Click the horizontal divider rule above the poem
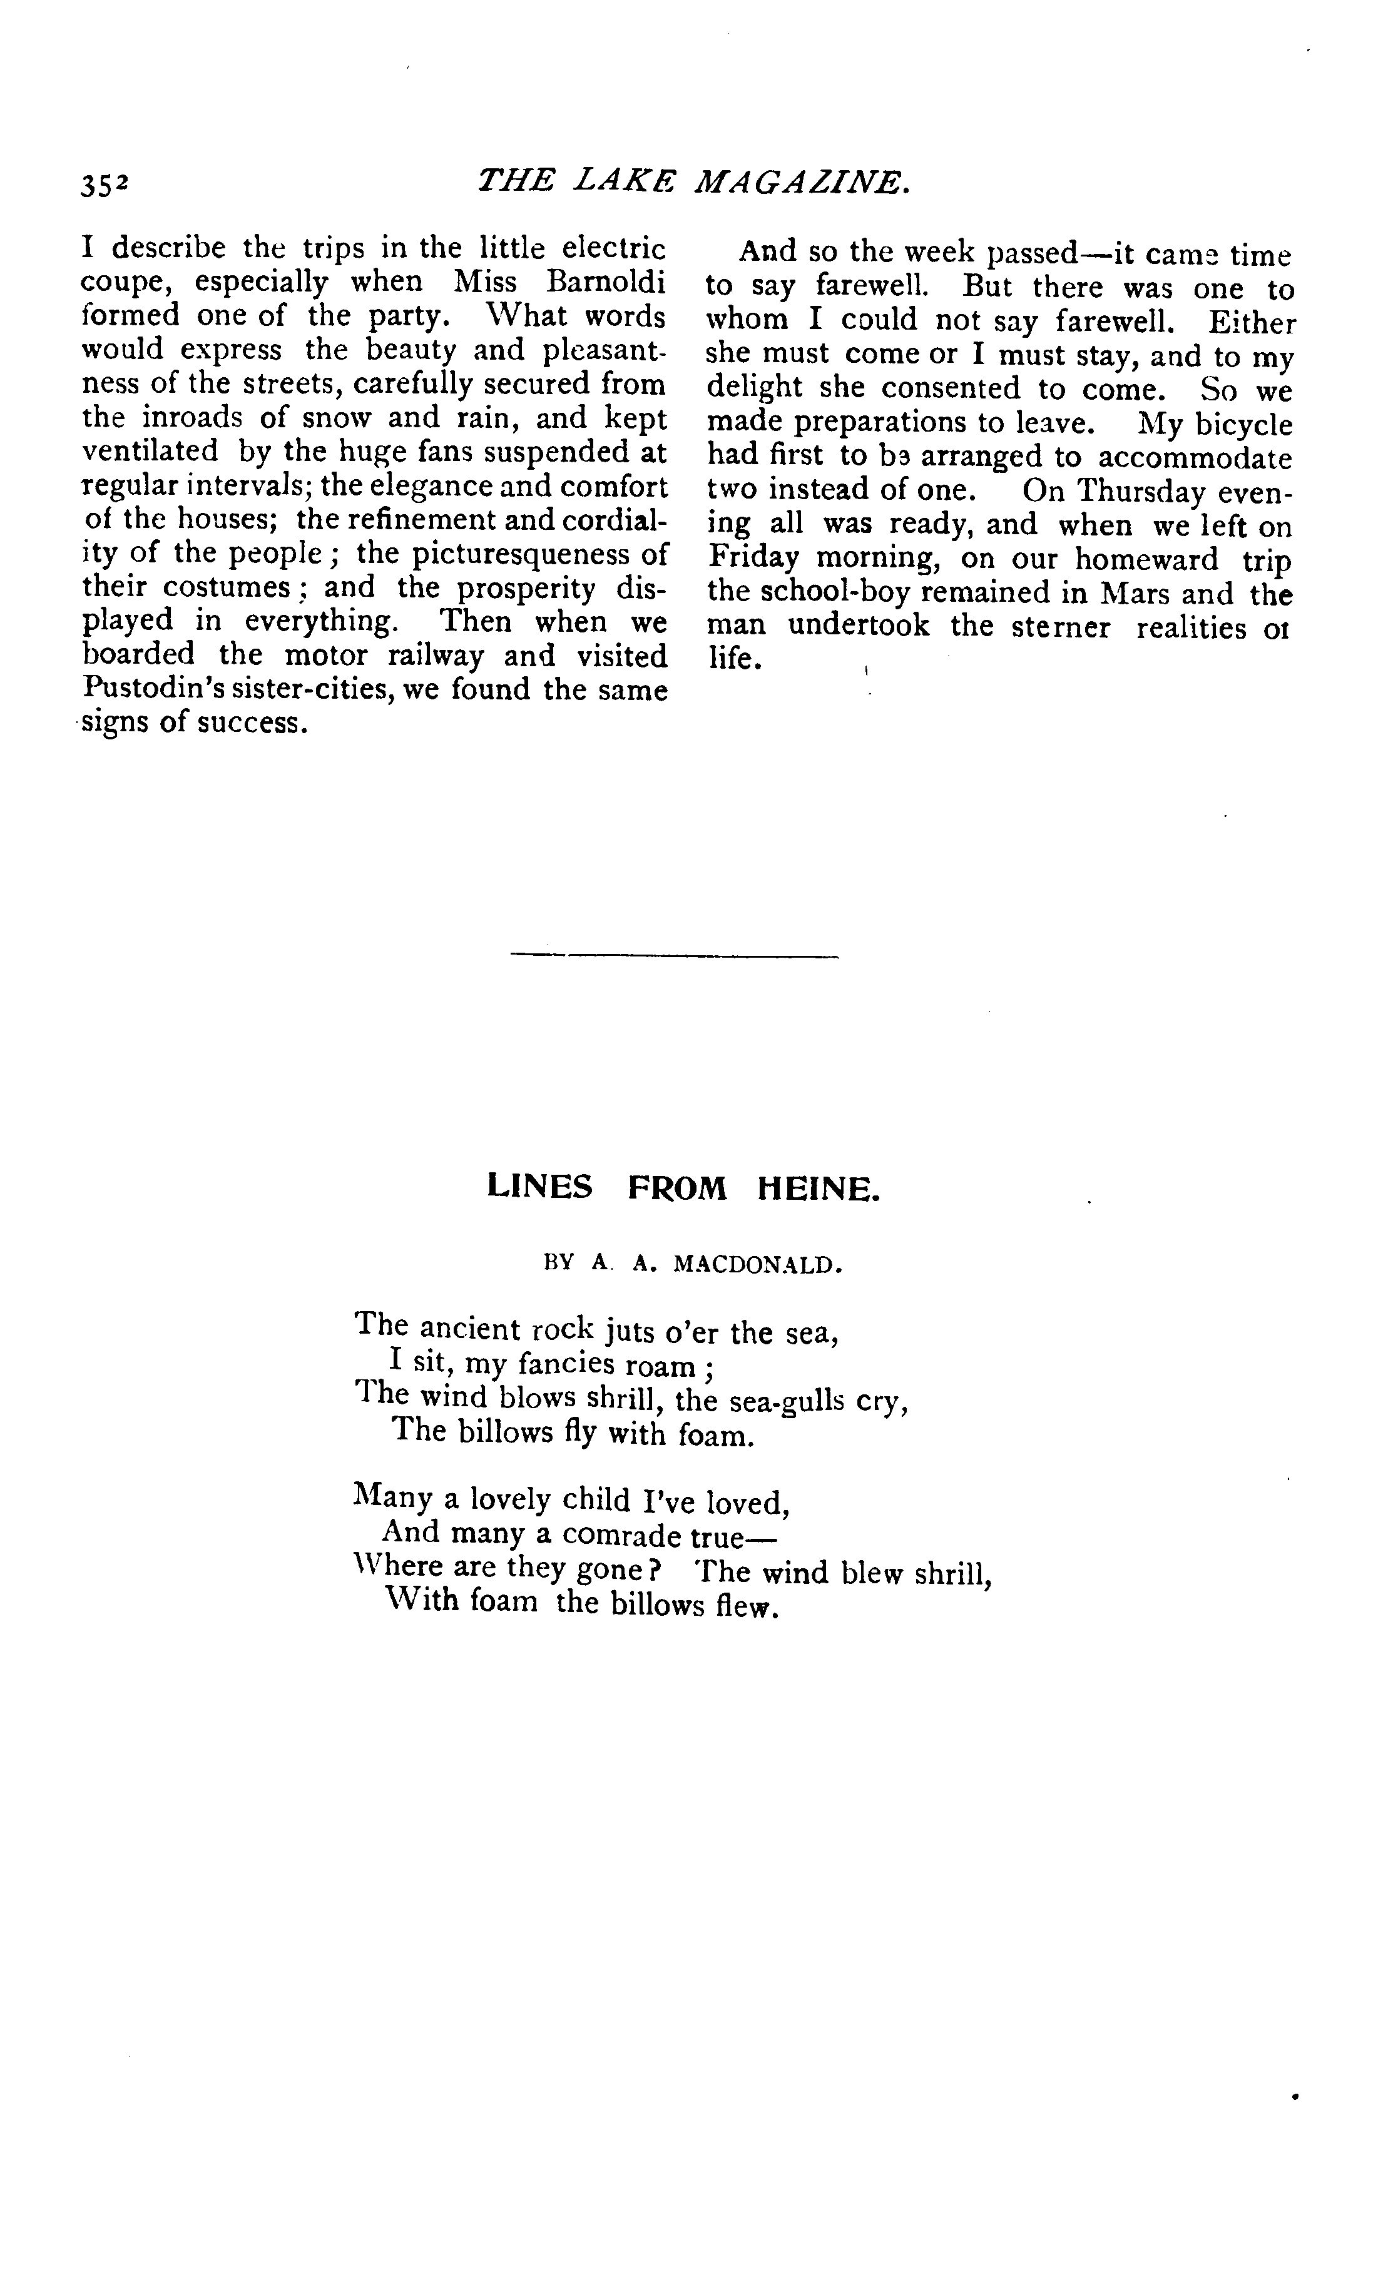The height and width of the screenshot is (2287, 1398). pyautogui.click(x=675, y=956)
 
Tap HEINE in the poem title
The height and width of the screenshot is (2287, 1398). pyautogui.click(x=817, y=1189)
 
